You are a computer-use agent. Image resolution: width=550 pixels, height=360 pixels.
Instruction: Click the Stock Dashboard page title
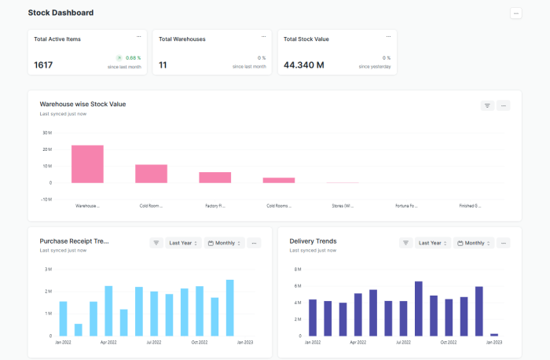(60, 13)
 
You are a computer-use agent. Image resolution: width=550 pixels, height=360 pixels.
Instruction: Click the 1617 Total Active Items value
(43, 65)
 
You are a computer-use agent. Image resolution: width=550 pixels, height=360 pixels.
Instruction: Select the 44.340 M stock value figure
(304, 65)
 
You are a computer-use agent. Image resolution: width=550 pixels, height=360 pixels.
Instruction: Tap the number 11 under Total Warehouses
(163, 65)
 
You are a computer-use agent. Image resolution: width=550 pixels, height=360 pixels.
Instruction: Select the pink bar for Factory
(214, 177)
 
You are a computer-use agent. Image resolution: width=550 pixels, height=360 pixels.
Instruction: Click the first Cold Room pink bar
(151, 173)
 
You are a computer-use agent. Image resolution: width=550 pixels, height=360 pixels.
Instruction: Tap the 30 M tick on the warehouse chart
(46, 132)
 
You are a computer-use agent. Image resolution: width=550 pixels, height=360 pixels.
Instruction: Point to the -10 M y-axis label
(46, 199)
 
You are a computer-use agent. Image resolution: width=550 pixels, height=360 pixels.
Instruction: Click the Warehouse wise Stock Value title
(82, 104)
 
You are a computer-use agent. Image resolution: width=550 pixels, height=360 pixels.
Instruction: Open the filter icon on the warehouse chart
(487, 105)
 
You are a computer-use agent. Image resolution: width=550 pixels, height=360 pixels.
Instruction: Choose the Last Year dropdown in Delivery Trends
(432, 243)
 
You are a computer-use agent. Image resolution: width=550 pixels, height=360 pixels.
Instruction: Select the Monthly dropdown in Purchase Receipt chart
(225, 243)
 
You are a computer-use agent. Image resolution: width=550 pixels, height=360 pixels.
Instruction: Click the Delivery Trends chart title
(313, 241)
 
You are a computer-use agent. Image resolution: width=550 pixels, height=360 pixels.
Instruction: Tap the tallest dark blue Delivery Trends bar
(419, 308)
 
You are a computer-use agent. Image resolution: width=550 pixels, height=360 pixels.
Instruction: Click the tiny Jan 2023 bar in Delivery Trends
(494, 335)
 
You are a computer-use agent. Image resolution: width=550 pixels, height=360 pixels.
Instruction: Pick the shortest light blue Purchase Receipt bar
(78, 329)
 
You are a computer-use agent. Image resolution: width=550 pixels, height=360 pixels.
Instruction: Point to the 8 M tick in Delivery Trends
(298, 269)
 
